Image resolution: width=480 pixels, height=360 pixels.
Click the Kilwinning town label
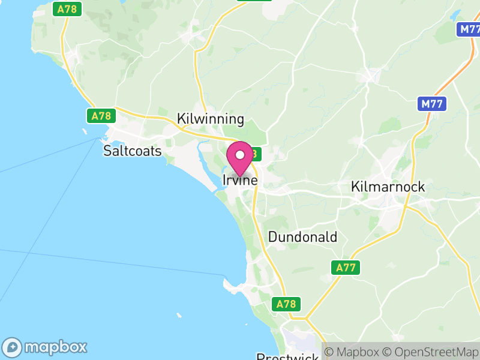click(x=211, y=119)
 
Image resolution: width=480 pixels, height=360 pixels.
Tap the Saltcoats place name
click(x=133, y=151)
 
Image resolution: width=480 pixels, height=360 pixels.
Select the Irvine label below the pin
click(x=240, y=180)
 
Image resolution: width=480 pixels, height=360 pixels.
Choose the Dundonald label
click(x=302, y=237)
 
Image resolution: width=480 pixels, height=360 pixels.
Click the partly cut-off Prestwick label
click(x=287, y=356)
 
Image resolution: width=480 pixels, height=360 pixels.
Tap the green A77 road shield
click(x=346, y=268)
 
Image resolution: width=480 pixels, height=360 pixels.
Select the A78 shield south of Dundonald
click(x=287, y=304)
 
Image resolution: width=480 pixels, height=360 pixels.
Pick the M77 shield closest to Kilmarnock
click(x=431, y=104)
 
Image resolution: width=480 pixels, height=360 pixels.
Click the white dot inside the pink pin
click(x=240, y=155)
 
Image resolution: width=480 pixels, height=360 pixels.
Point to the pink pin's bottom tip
click(x=240, y=177)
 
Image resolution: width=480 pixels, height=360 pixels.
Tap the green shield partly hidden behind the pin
click(x=254, y=154)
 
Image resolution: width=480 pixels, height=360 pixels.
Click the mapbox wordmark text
click(x=55, y=347)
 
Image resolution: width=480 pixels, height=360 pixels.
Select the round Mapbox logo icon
click(x=13, y=347)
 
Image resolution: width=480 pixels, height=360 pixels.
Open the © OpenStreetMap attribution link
click(x=430, y=352)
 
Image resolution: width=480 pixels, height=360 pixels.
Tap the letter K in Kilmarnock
click(x=355, y=187)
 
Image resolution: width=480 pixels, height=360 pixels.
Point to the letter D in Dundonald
click(x=272, y=237)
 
